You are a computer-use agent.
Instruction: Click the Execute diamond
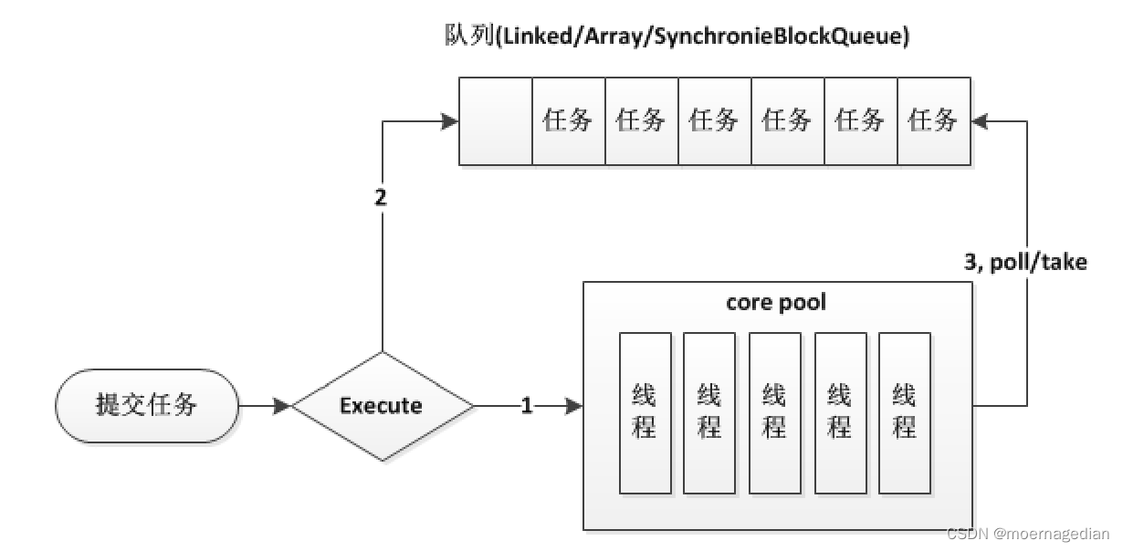point(383,406)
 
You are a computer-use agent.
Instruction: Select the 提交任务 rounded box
point(147,405)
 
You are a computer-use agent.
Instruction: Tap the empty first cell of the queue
point(496,120)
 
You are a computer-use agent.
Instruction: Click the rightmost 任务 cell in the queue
point(933,120)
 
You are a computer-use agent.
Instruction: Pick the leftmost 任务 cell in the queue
point(568,120)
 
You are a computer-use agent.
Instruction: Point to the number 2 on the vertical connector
point(382,198)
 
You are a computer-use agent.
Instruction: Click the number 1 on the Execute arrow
point(526,406)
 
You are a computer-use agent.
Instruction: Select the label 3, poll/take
point(1025,263)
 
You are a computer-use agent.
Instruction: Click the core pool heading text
point(776,302)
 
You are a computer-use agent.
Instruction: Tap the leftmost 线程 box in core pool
point(645,412)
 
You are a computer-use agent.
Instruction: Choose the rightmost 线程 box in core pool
point(905,412)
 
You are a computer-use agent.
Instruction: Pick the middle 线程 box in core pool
point(774,412)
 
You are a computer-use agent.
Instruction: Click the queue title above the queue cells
point(675,38)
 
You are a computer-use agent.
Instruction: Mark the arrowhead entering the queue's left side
point(450,120)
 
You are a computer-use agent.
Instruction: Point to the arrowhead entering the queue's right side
point(981,120)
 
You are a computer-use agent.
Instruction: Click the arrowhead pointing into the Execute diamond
point(282,406)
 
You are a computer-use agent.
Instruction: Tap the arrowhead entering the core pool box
point(574,406)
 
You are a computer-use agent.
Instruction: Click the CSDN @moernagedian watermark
point(1027,535)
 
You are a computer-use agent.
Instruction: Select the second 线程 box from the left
point(709,412)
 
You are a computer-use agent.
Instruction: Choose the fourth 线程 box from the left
point(840,412)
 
